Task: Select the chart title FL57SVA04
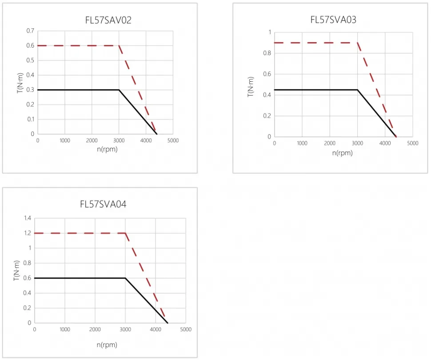[104, 204]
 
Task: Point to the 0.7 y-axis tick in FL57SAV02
[30, 31]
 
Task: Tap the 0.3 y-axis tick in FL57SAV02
[30, 90]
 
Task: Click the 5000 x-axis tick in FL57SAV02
[173, 140]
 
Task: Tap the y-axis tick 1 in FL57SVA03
[269, 32]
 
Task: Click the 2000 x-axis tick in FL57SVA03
[330, 144]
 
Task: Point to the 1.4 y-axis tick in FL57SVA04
[28, 218]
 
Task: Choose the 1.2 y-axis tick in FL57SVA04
[28, 233]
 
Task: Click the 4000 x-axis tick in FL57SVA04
[156, 330]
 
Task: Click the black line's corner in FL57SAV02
[119, 90]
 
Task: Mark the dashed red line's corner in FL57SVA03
[358, 43]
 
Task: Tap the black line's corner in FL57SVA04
[125, 278]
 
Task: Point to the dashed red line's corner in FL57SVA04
[125, 233]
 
